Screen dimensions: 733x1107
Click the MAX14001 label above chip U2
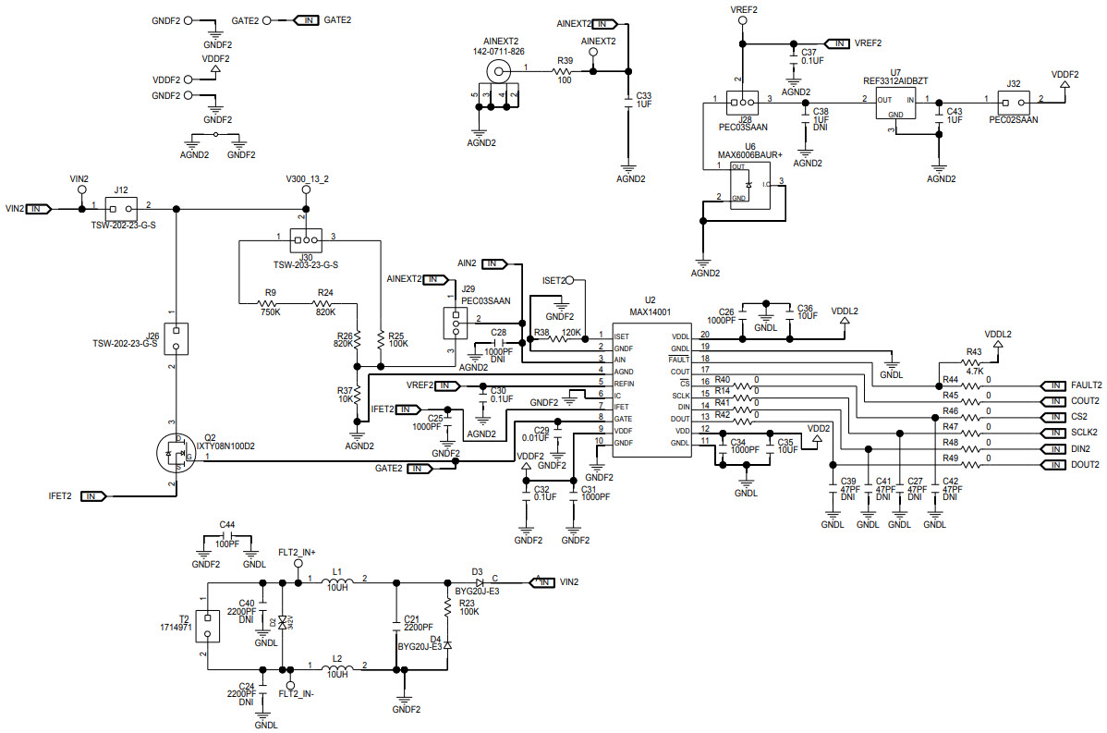tap(651, 312)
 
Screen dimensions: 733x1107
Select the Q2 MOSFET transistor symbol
tap(175, 453)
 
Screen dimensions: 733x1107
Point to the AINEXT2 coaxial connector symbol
tap(502, 70)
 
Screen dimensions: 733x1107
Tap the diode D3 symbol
tap(480, 582)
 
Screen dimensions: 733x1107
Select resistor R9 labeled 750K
tap(271, 304)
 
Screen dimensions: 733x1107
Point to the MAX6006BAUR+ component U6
tap(749, 185)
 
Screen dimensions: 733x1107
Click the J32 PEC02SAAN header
tap(1013, 101)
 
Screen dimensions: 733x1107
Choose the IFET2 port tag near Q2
tap(93, 496)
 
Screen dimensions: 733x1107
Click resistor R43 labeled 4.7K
tap(973, 362)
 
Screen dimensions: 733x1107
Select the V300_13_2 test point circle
tap(307, 192)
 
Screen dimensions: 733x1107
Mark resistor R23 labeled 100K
tap(447, 606)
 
